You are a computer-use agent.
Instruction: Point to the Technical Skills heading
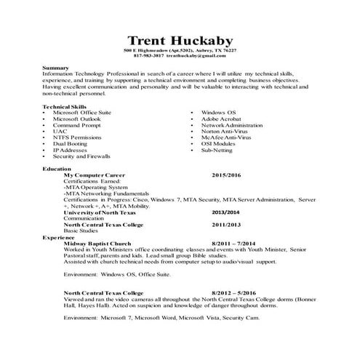pos(64,107)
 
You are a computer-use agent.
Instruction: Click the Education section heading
pos(57,169)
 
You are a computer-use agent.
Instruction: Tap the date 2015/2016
pos(225,175)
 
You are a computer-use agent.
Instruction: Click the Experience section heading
pos(59,237)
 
